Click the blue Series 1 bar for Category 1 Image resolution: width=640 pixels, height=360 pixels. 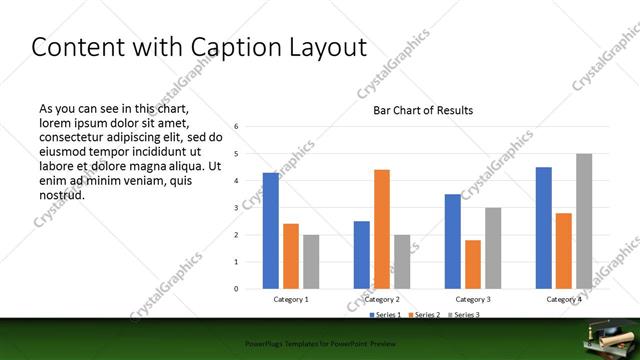[271, 231]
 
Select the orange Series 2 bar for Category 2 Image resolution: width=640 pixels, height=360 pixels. [382, 229]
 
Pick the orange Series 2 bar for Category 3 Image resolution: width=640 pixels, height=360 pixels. [473, 264]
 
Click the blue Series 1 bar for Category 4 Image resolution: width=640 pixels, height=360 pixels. [544, 228]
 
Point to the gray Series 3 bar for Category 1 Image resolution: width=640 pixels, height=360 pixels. [311, 262]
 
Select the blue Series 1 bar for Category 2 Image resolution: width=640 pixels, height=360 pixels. [362, 255]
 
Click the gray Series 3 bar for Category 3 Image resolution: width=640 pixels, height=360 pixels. [493, 248]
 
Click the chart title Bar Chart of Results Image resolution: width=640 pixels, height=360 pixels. [423, 110]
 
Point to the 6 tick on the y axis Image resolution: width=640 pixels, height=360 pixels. [237, 127]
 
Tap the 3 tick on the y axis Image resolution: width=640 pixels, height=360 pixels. [237, 208]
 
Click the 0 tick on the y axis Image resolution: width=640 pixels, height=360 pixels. [237, 289]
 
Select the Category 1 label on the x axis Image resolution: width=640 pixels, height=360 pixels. [291, 299]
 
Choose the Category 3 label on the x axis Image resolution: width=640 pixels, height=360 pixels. [473, 299]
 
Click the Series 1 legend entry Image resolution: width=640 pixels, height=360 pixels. [388, 315]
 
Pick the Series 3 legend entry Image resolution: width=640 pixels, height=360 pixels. [464, 315]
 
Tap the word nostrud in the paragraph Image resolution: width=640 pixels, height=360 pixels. [62, 195]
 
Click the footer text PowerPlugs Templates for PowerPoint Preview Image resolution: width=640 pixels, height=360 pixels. [319, 343]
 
